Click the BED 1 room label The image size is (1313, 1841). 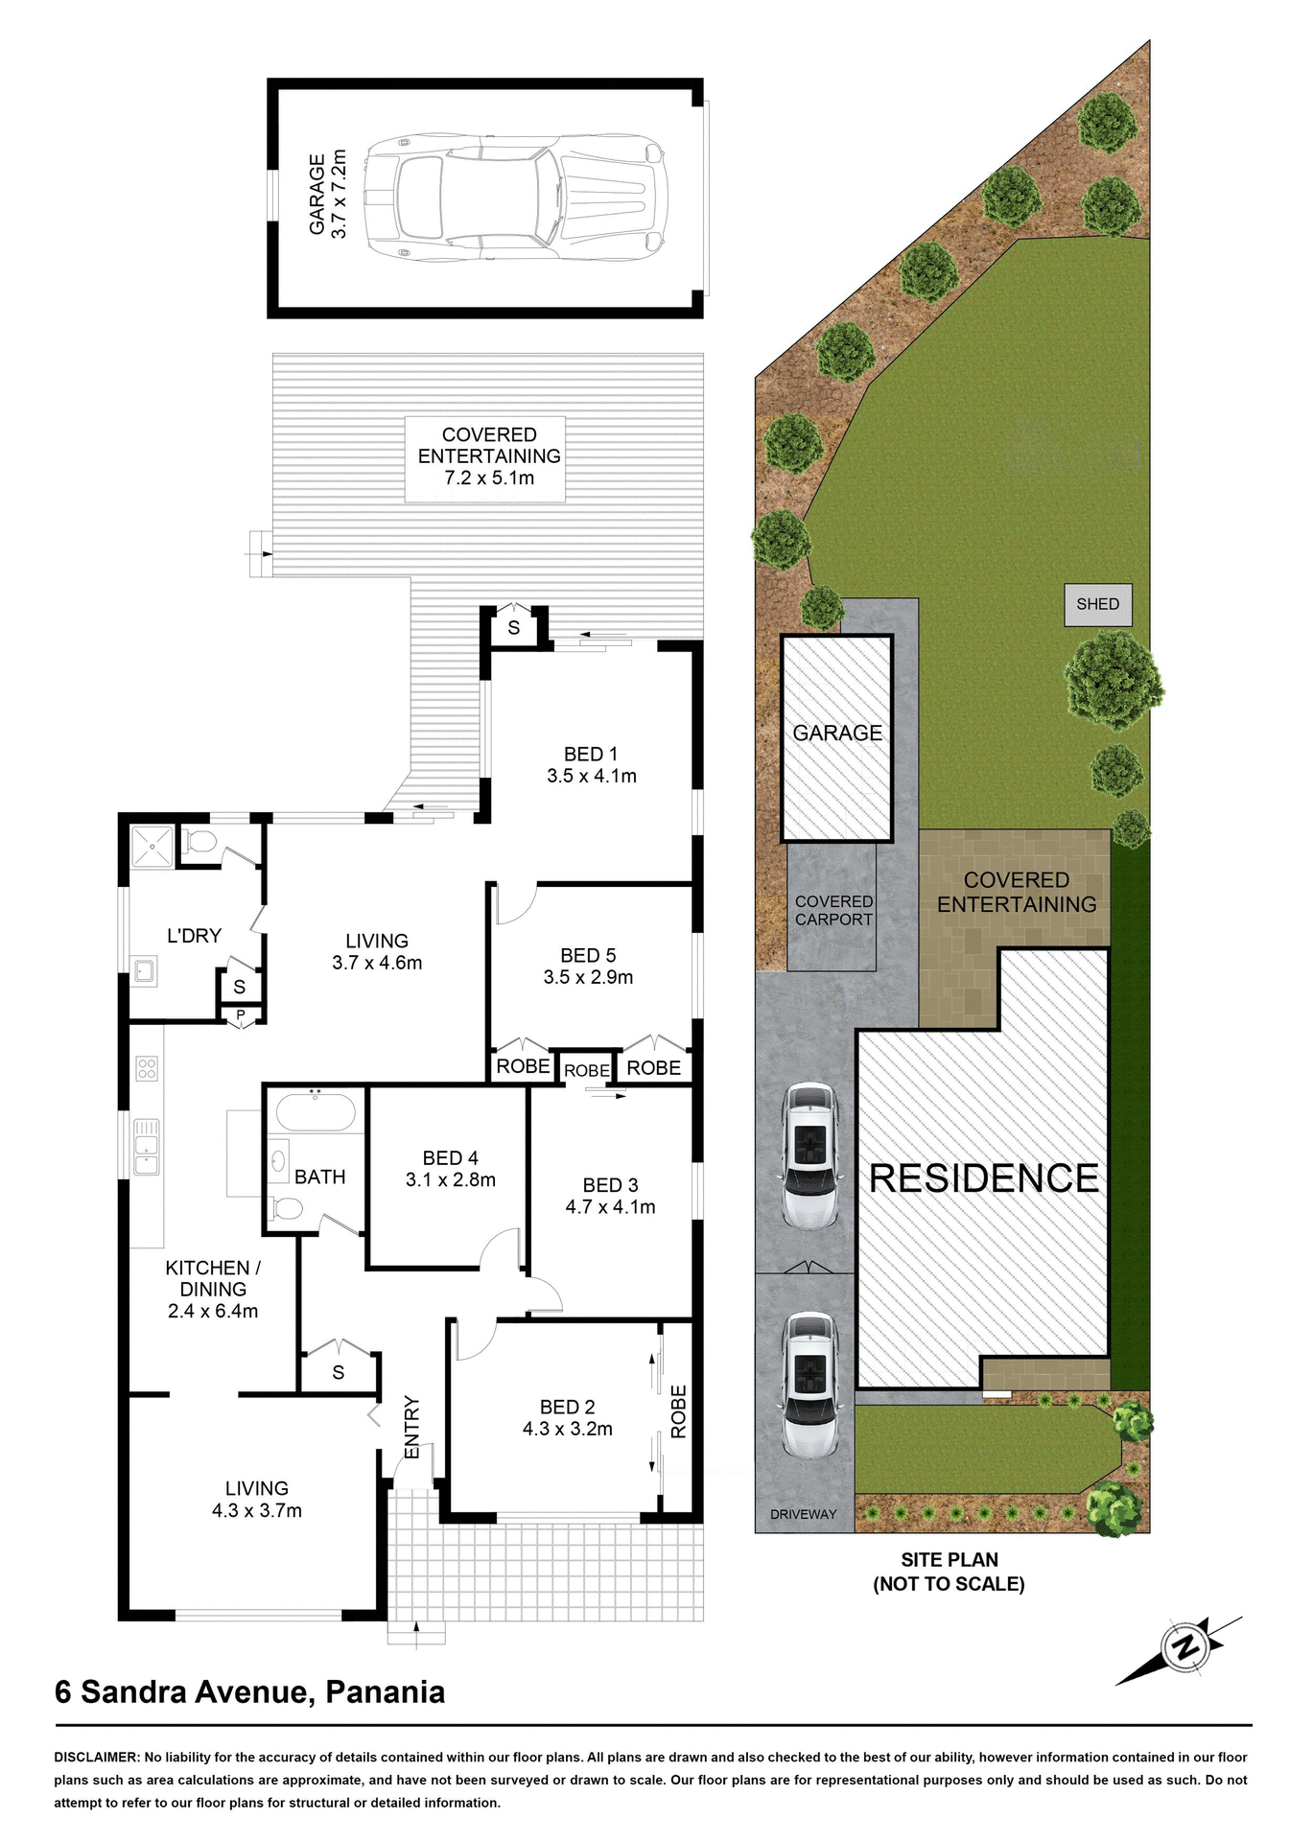(x=590, y=755)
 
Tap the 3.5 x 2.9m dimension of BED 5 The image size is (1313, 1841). (x=588, y=978)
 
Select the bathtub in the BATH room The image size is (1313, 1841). (x=316, y=1113)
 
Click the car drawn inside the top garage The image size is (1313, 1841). (x=516, y=198)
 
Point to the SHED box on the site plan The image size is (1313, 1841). (x=1097, y=605)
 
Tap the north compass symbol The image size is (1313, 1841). (x=1185, y=1648)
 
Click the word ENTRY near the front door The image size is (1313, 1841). (x=412, y=1428)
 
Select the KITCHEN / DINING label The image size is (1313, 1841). (x=213, y=1278)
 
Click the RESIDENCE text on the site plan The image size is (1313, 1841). (x=983, y=1178)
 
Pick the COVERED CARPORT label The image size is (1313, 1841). (x=833, y=911)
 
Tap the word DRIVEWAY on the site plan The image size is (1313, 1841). (x=803, y=1514)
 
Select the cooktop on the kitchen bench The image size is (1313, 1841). (x=147, y=1068)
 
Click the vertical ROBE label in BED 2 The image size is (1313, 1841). (x=679, y=1411)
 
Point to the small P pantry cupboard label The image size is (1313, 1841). (x=241, y=1015)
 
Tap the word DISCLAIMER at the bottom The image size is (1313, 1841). (x=97, y=1758)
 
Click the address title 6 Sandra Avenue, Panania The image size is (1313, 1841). (x=249, y=1692)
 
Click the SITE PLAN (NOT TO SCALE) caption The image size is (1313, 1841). (x=948, y=1573)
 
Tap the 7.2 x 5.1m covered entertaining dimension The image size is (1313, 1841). (x=489, y=478)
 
